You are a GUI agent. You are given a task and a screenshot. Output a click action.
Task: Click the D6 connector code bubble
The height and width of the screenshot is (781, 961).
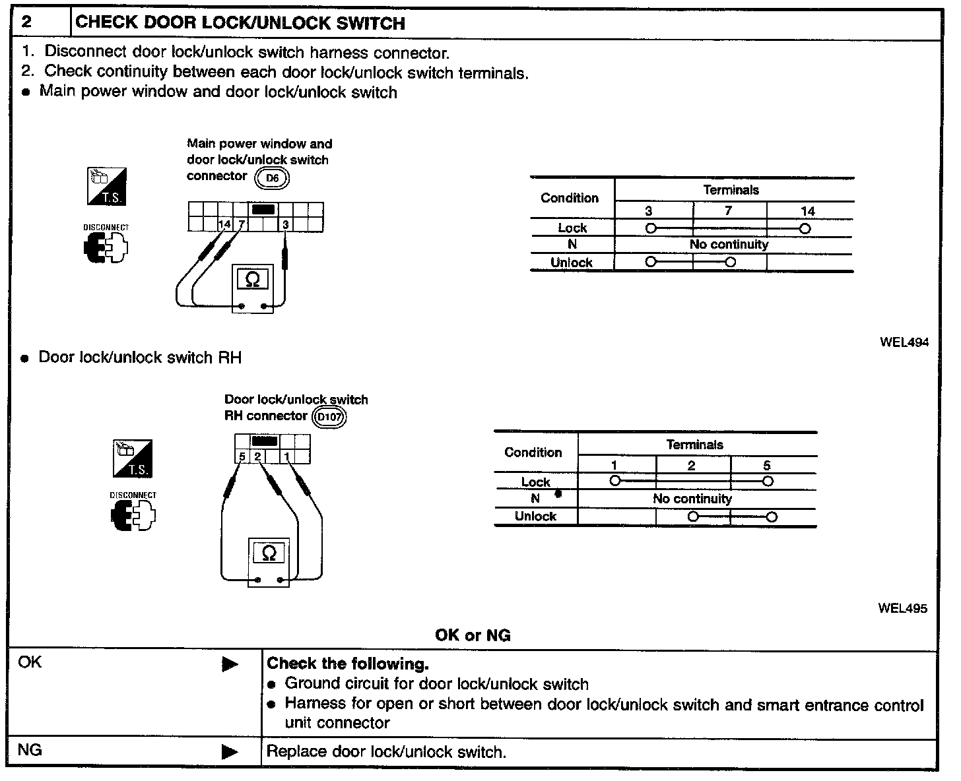[x=273, y=177]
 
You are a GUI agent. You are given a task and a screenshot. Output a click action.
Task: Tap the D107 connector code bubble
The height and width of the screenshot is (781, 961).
[x=329, y=418]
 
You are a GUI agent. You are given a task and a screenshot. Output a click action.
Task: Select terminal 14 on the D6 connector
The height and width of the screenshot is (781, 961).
[x=224, y=224]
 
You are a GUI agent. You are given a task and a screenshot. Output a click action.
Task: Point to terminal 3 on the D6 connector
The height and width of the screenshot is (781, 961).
[x=285, y=224]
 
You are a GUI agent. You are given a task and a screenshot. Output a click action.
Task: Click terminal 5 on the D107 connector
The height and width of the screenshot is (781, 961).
[x=242, y=456]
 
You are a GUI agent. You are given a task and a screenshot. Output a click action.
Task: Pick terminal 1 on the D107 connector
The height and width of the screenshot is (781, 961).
[x=287, y=456]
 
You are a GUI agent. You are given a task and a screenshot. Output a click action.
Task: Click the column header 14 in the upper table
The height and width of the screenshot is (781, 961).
[x=807, y=211]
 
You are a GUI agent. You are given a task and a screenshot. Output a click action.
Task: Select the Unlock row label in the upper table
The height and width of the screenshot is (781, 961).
[x=572, y=263]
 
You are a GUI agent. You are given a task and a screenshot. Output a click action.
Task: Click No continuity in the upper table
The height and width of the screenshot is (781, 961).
[x=729, y=245]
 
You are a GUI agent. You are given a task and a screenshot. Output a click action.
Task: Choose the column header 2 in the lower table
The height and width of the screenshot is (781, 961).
[x=691, y=466]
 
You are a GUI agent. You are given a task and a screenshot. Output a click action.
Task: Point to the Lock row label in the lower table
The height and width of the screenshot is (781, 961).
[x=535, y=482]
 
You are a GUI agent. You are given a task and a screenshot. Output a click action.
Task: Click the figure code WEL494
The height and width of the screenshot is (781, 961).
[x=904, y=342]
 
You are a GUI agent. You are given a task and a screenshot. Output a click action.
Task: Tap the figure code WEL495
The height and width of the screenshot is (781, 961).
[x=902, y=608]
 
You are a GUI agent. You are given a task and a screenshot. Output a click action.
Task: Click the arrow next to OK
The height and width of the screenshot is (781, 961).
[x=230, y=664]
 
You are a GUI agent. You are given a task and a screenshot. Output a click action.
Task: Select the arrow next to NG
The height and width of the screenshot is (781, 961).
[x=230, y=751]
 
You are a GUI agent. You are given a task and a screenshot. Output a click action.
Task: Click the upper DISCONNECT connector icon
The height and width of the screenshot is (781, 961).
[x=106, y=248]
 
